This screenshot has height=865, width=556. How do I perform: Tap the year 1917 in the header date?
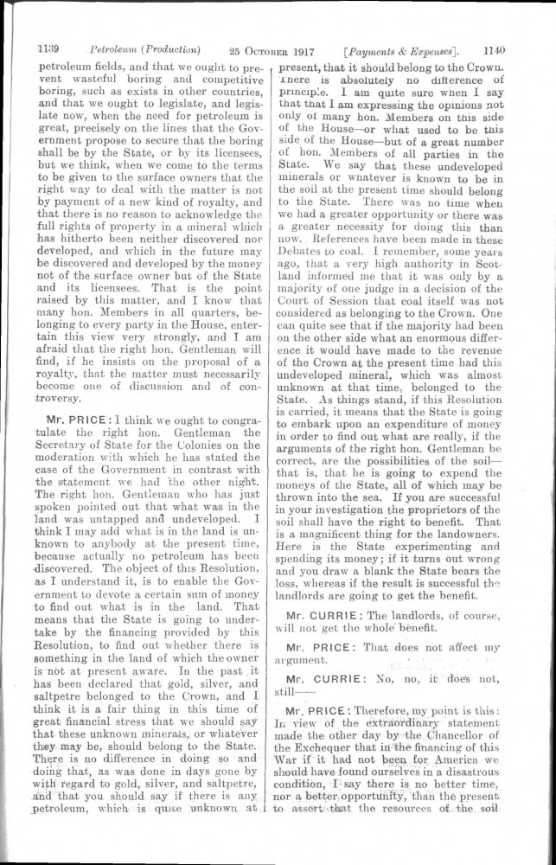297,49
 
